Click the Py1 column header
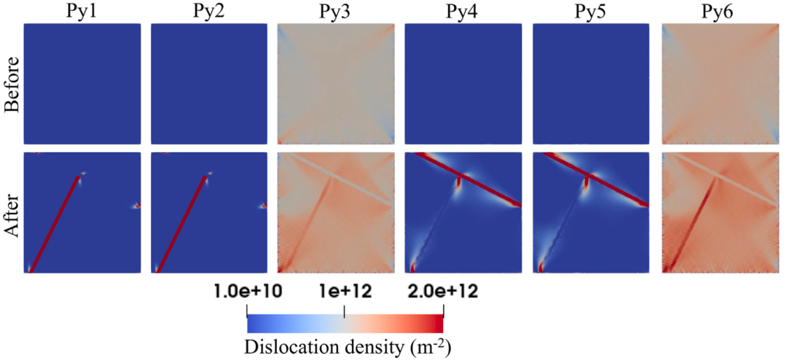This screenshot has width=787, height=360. pos(82,11)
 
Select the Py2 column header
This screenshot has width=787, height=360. pos(209,11)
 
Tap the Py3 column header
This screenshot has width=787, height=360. pos(336,11)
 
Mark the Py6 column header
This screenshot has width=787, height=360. pos(719,11)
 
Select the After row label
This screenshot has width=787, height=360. pos(12,212)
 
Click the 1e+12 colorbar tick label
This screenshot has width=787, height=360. pos(344,292)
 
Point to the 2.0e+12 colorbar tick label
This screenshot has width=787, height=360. pos(442,292)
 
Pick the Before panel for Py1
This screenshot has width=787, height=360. pos(82,85)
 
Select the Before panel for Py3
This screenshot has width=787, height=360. pos(336,85)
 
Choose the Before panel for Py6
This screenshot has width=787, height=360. pos(719,85)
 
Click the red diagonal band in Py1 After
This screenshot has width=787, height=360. pos(55,222)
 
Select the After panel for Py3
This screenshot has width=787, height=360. pos(336,212)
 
